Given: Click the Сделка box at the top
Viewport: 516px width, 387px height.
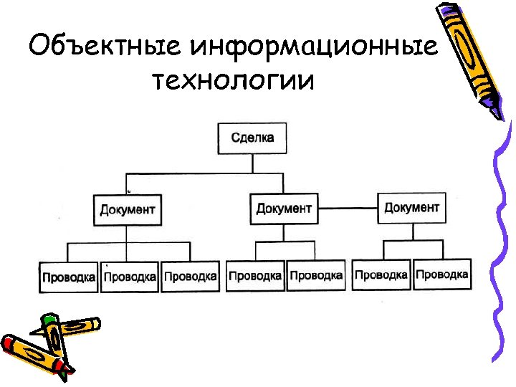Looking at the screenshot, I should point(252,138).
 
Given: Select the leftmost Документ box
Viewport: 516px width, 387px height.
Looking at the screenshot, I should point(127,210).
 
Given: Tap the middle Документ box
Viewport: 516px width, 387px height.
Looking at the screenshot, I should point(284,208).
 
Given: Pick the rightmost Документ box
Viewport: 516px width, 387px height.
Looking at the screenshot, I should point(411,207).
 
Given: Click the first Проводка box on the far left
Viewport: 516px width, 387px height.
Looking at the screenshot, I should point(69,277).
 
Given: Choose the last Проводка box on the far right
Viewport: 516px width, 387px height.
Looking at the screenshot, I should point(442,274).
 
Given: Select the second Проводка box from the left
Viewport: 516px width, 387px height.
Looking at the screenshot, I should point(130,277).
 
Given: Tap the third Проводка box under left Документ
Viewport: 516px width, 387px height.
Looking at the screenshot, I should point(190,276).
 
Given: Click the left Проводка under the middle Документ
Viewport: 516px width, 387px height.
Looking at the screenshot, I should point(255,275).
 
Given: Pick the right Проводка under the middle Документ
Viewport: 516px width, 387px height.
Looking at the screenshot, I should point(316,275).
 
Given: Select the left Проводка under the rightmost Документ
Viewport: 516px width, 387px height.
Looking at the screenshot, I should point(381,274).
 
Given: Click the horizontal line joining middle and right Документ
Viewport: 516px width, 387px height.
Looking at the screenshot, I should point(348,209).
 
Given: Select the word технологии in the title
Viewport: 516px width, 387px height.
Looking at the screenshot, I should point(232,80).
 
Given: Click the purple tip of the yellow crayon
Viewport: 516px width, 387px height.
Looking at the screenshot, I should point(497,112).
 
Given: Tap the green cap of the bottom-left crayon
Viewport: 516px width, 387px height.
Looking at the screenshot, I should point(49,320).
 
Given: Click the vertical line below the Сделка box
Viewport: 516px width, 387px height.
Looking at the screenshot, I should point(252,163).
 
